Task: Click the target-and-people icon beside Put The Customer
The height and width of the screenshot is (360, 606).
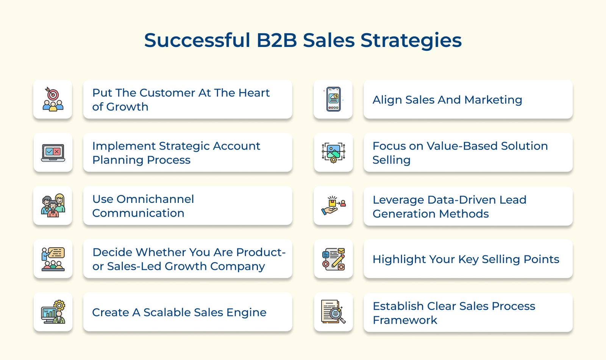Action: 53,99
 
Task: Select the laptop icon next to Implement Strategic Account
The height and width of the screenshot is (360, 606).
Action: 53,153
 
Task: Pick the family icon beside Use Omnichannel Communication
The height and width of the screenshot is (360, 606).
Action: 53,206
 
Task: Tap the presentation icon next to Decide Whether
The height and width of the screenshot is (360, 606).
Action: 53,259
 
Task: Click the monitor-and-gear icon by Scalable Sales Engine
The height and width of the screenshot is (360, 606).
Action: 53,312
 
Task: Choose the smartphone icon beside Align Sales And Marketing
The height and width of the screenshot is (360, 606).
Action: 333,99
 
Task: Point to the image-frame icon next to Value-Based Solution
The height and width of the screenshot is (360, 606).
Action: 333,153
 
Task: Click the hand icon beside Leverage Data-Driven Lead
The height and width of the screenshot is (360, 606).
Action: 333,206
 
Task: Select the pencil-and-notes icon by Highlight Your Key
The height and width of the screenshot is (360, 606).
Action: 333,259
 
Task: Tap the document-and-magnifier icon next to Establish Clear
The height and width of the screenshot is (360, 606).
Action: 333,312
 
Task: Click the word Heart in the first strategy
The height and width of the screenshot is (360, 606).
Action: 254,93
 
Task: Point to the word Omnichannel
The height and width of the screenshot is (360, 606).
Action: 155,199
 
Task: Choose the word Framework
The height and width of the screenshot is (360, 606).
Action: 405,320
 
